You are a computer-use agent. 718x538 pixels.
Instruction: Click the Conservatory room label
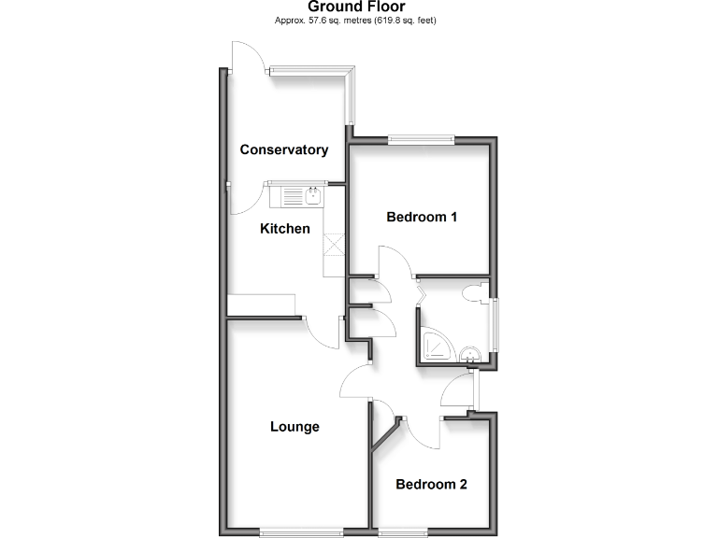283,149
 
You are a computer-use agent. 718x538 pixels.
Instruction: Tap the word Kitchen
284,229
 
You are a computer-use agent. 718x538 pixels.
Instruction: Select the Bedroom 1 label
422,217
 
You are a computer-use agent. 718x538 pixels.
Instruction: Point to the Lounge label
294,427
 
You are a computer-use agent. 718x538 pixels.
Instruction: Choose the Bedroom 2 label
431,485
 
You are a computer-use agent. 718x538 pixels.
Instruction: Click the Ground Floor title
356,7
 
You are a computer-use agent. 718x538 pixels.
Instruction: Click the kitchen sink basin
311,195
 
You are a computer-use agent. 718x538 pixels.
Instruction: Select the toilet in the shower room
480,291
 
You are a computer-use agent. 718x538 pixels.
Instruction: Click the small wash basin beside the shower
473,352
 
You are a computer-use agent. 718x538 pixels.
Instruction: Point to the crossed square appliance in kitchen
334,244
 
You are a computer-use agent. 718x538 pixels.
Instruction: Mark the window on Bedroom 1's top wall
422,141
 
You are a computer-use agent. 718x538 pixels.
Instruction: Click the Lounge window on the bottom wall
300,532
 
